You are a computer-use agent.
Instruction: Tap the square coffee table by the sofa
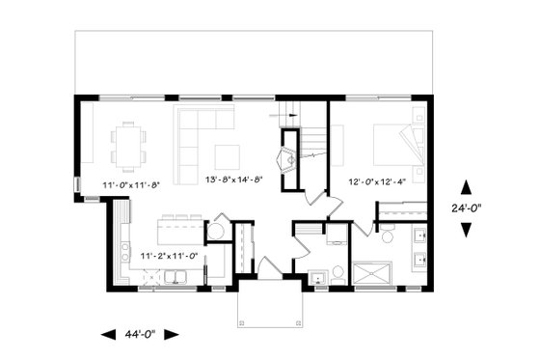228,155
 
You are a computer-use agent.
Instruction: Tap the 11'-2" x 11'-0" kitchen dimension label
169,256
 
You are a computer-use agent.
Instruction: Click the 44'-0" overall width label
140,334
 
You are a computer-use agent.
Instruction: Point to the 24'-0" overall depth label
466,205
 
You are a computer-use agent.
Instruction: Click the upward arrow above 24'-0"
466,185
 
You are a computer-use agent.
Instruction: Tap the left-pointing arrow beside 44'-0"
108,334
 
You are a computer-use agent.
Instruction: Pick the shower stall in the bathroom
370,273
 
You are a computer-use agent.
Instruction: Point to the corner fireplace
287,159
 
